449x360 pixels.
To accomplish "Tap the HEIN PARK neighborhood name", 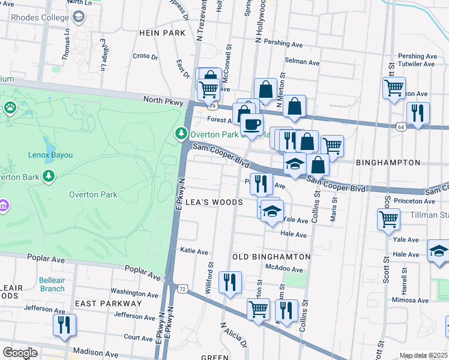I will pyautogui.click(x=162, y=33).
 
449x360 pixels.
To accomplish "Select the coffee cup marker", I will pyautogui.click(x=252, y=124).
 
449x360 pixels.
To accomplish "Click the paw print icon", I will pyautogui.click(x=11, y=107).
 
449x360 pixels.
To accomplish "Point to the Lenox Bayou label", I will pyautogui.click(x=50, y=155).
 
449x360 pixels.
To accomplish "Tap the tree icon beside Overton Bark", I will pyautogui.click(x=49, y=176).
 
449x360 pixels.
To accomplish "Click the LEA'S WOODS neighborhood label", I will pyautogui.click(x=214, y=202).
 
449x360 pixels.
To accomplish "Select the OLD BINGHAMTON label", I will pyautogui.click(x=271, y=257).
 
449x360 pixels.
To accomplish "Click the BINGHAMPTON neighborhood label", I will pyautogui.click(x=388, y=163).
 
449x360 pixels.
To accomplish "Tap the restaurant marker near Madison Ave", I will pyautogui.click(x=64, y=325).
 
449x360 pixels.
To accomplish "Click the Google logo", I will pyautogui.click(x=20, y=352).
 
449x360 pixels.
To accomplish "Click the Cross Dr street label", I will pyautogui.click(x=145, y=56).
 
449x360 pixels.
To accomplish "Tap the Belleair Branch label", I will pyautogui.click(x=52, y=284).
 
